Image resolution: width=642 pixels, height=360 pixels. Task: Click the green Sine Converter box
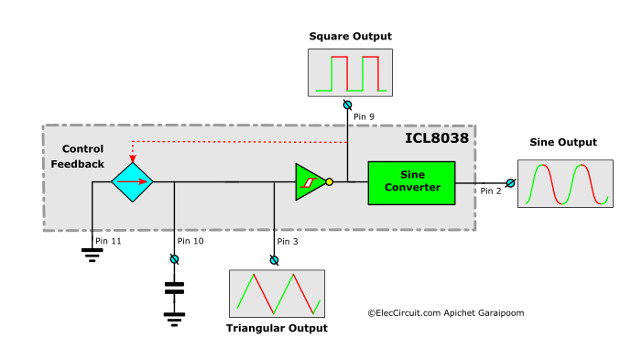[411, 181]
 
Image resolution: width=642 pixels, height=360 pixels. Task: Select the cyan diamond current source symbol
[133, 181]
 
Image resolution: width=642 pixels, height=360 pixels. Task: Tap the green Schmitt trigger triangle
[309, 181]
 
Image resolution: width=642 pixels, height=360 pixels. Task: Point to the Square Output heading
[350, 37]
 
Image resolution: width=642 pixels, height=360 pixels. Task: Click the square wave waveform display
[350, 72]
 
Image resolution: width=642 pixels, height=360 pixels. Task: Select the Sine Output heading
[563, 142]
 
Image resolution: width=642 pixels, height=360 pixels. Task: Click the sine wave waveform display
[563, 183]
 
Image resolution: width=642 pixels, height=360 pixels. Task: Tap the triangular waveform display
[276, 293]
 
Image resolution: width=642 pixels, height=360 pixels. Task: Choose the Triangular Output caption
[276, 327]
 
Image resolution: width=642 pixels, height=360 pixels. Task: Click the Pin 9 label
[365, 116]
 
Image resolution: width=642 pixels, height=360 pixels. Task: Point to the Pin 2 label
[492, 191]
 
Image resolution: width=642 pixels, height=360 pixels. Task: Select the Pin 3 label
[288, 241]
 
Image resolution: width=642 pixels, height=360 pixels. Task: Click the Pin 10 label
[190, 241]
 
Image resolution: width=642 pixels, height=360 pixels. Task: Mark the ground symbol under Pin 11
[92, 254]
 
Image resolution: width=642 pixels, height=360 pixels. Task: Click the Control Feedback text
[82, 157]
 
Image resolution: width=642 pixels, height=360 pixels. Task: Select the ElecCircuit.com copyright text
[446, 312]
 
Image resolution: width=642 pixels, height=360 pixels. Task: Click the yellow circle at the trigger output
[330, 181]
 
